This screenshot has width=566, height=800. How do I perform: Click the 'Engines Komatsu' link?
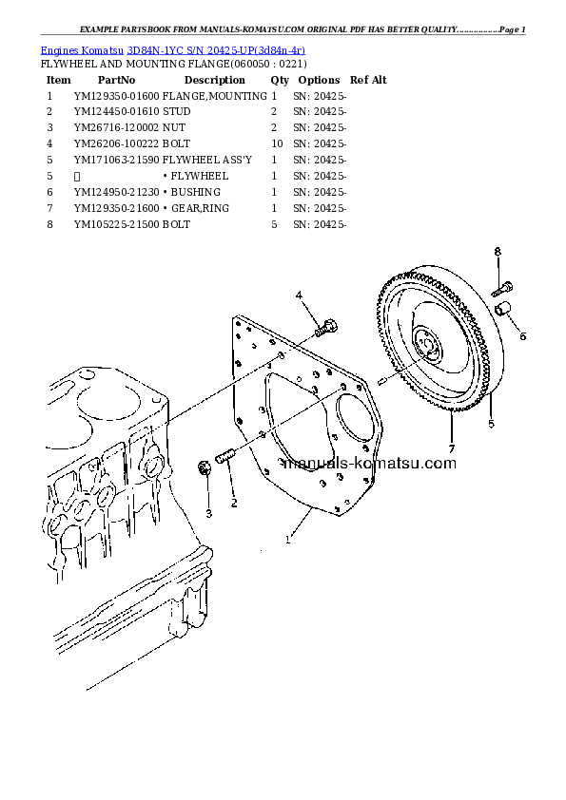pyautogui.click(x=82, y=50)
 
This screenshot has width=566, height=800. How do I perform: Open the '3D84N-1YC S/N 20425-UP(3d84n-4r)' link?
pyautogui.click(x=216, y=50)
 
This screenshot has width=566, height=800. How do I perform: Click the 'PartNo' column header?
pyautogui.click(x=116, y=80)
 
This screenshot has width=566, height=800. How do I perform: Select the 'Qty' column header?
pyautogui.click(x=280, y=80)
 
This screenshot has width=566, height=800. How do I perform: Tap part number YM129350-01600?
pyautogui.click(x=116, y=96)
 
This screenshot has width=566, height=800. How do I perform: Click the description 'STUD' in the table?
pyautogui.click(x=176, y=112)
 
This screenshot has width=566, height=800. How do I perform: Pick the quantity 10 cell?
pyautogui.click(x=277, y=143)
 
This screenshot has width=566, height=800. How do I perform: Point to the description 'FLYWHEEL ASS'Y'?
pyautogui.click(x=206, y=160)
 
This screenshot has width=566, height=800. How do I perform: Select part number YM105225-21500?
pyautogui.click(x=116, y=224)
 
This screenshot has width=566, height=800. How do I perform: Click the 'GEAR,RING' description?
pyautogui.click(x=200, y=208)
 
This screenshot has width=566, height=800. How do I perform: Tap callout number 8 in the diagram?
pyautogui.click(x=498, y=252)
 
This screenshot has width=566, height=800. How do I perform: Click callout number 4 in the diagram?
pyautogui.click(x=299, y=295)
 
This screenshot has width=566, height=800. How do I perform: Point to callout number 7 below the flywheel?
pyautogui.click(x=452, y=449)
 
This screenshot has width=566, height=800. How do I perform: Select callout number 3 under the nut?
pyautogui.click(x=208, y=514)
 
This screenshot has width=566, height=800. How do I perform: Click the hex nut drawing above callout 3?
pyautogui.click(x=205, y=468)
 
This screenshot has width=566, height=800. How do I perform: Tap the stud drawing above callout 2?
pyautogui.click(x=224, y=455)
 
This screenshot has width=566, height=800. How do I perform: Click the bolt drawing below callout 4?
pyautogui.click(x=326, y=328)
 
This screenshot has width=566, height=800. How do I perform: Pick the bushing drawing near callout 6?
pyautogui.click(x=503, y=309)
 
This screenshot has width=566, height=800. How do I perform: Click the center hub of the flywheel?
pyautogui.click(x=426, y=344)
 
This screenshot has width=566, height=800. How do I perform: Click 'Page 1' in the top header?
pyautogui.click(x=513, y=29)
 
